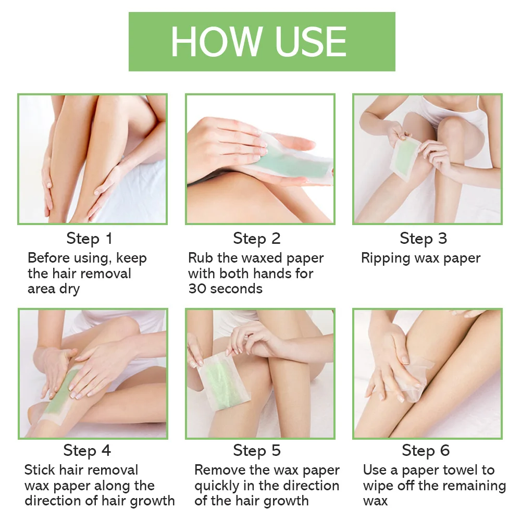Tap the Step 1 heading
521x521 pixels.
point(89,239)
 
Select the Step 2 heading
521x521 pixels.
point(257,239)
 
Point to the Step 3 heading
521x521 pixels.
point(423,239)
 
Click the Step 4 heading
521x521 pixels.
point(87,450)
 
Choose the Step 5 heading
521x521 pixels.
point(257,450)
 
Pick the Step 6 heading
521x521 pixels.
point(426,450)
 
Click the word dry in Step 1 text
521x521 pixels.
point(69,289)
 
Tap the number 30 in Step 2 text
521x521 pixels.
point(197,289)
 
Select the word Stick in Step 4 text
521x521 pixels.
point(40,470)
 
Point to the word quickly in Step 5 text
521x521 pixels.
point(219,486)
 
